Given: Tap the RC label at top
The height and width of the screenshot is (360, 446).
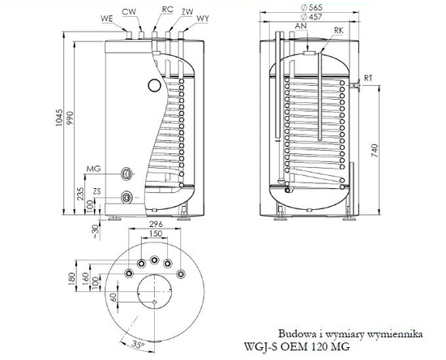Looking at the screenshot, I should (x=167, y=11).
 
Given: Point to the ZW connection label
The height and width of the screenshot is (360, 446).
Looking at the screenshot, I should (x=187, y=12).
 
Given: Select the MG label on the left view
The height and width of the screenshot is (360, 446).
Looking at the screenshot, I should (x=93, y=168).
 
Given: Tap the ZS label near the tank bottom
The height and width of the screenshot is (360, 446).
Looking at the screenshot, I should (x=97, y=191).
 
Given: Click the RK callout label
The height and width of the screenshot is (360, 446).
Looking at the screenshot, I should (x=338, y=31).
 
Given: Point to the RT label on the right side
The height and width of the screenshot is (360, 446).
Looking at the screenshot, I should (x=368, y=79).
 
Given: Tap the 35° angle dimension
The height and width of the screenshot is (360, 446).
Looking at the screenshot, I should (x=139, y=345).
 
